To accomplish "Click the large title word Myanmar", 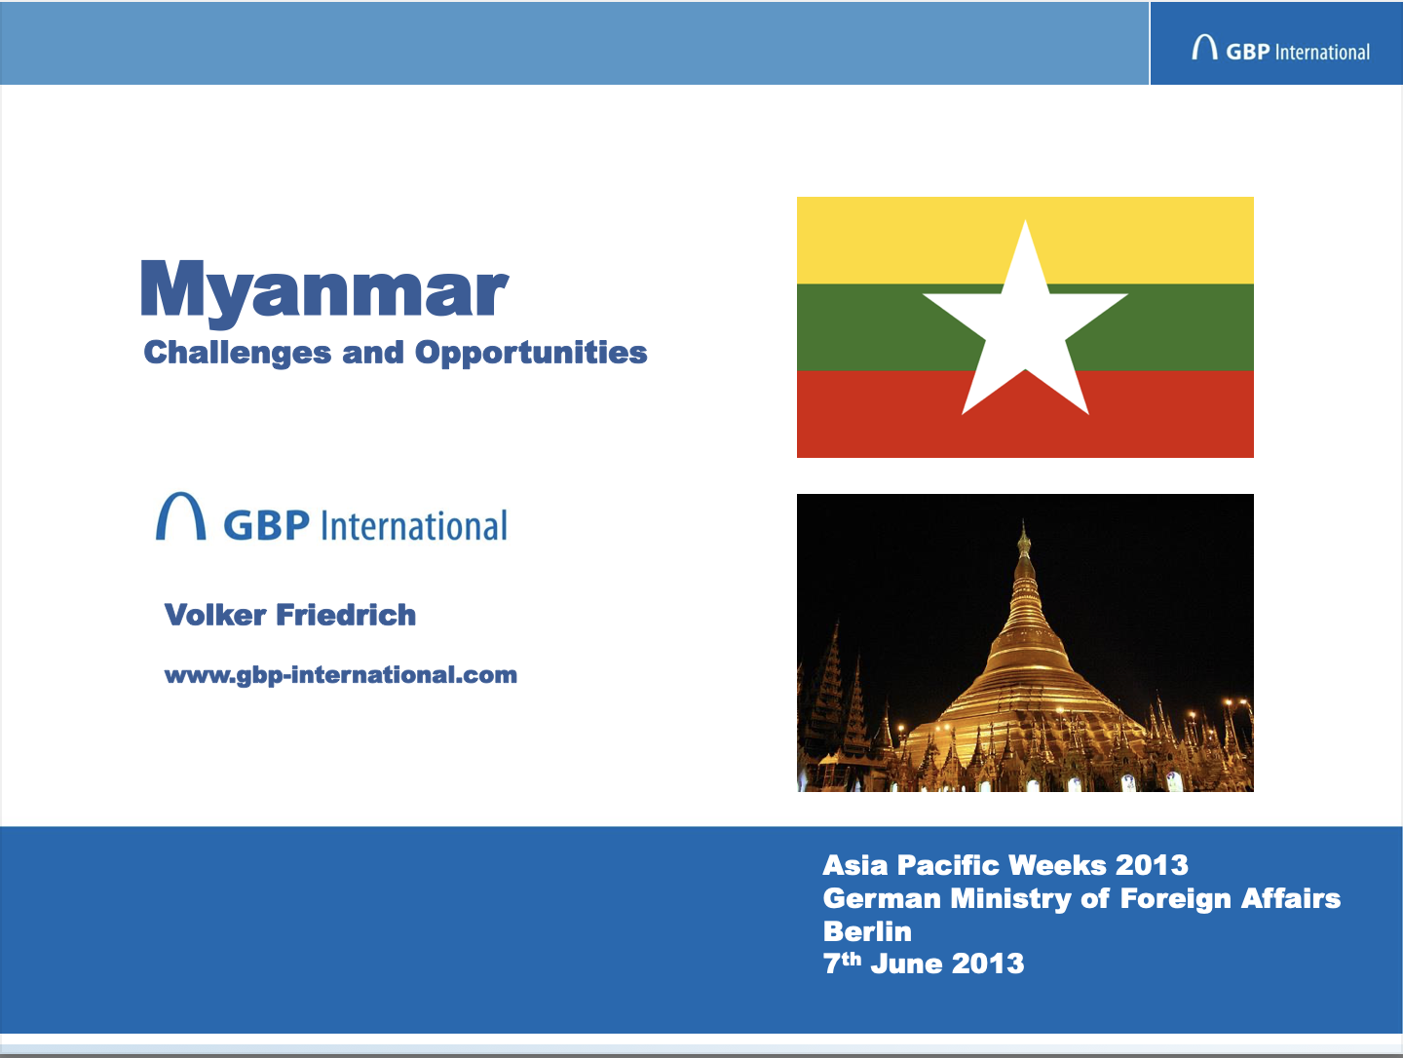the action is (x=324, y=290).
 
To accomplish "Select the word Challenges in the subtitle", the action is (x=238, y=353).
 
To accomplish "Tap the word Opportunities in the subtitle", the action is (x=531, y=353).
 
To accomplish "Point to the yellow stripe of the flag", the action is (x=1025, y=241).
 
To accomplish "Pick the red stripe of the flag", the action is (x=1025, y=414).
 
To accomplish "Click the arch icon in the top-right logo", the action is (x=1204, y=48).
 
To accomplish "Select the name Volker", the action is (x=214, y=615).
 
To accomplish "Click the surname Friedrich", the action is (x=346, y=615).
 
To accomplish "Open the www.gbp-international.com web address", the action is (x=341, y=675).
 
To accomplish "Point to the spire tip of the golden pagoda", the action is (x=1024, y=520).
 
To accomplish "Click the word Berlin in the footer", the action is (x=867, y=931).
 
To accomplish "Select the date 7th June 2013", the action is (x=924, y=964).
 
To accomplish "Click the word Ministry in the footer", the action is (x=1010, y=899).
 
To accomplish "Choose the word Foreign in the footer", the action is (x=1176, y=899).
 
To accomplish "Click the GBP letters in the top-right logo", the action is (x=1248, y=52).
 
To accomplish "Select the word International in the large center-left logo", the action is (x=414, y=526).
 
